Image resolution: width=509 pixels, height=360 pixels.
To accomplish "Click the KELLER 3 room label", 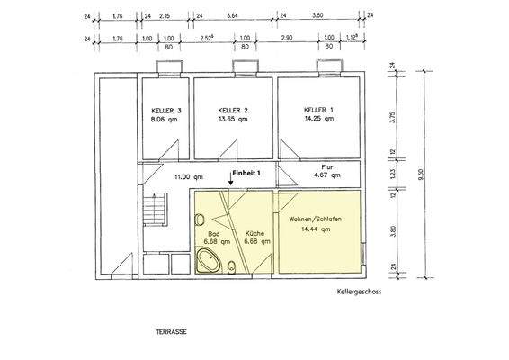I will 166,110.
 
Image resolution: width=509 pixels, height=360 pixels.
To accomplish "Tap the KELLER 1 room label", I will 318,110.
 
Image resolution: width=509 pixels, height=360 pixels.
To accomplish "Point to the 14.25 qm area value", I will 318,118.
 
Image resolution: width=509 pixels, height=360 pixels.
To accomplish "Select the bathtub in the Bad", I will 208,263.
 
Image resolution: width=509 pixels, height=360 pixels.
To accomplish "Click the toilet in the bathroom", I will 232,264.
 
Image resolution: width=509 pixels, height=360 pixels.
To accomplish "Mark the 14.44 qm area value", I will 311,230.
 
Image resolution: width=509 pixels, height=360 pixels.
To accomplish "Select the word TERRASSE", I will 172,332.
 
